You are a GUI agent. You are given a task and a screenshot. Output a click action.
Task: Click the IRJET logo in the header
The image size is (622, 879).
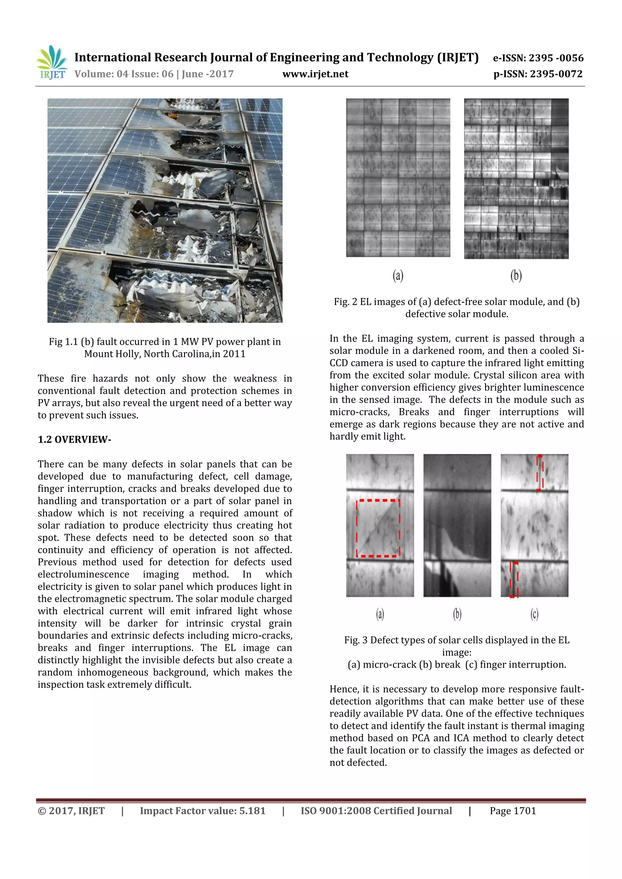52,63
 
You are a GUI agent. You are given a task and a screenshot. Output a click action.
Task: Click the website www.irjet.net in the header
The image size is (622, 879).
315,74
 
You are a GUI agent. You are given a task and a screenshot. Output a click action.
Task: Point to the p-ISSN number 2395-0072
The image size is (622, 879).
556,74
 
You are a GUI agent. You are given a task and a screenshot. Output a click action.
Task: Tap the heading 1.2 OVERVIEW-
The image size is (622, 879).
74,439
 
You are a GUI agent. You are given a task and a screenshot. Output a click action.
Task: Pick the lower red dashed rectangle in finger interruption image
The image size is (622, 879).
514,579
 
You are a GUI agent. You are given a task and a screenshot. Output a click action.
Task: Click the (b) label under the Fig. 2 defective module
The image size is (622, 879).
516,275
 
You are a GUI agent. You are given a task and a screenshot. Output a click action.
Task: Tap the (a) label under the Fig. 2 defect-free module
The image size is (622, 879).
398,275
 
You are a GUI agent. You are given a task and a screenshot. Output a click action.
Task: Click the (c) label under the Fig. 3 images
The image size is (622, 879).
534,614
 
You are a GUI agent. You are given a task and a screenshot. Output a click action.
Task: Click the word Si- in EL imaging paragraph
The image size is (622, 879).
578,351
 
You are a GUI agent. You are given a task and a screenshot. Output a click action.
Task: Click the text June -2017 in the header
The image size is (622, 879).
207,74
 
